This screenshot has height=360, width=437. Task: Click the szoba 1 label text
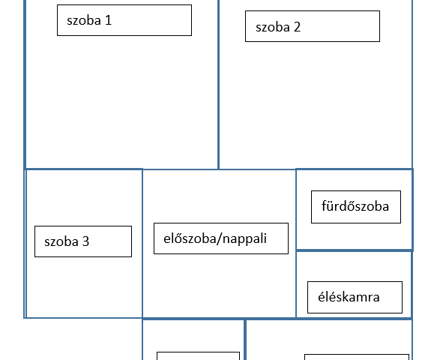pyautogui.click(x=89, y=20)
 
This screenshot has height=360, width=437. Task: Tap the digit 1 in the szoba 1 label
pyautogui.click(x=109, y=20)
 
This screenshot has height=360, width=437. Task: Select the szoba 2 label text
pyautogui.click(x=278, y=27)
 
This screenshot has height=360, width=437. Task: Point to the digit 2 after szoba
pyautogui.click(x=297, y=27)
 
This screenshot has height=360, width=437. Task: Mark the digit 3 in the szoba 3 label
pyautogui.click(x=86, y=241)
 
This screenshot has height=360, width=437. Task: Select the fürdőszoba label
pyautogui.click(x=356, y=207)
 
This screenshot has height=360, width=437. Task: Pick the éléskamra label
pyautogui.click(x=355, y=297)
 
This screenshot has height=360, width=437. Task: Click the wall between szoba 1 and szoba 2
pyautogui.click(x=219, y=84)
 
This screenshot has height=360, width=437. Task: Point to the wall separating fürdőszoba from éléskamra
pyautogui.click(x=355, y=250)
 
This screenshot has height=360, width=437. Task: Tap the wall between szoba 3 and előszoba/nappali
pyautogui.click(x=142, y=243)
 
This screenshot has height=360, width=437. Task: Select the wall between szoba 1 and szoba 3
pyautogui.click(x=84, y=169)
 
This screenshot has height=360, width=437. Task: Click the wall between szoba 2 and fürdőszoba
pyautogui.click(x=354, y=169)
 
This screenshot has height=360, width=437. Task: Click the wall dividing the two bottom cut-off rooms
pyautogui.click(x=244, y=339)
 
